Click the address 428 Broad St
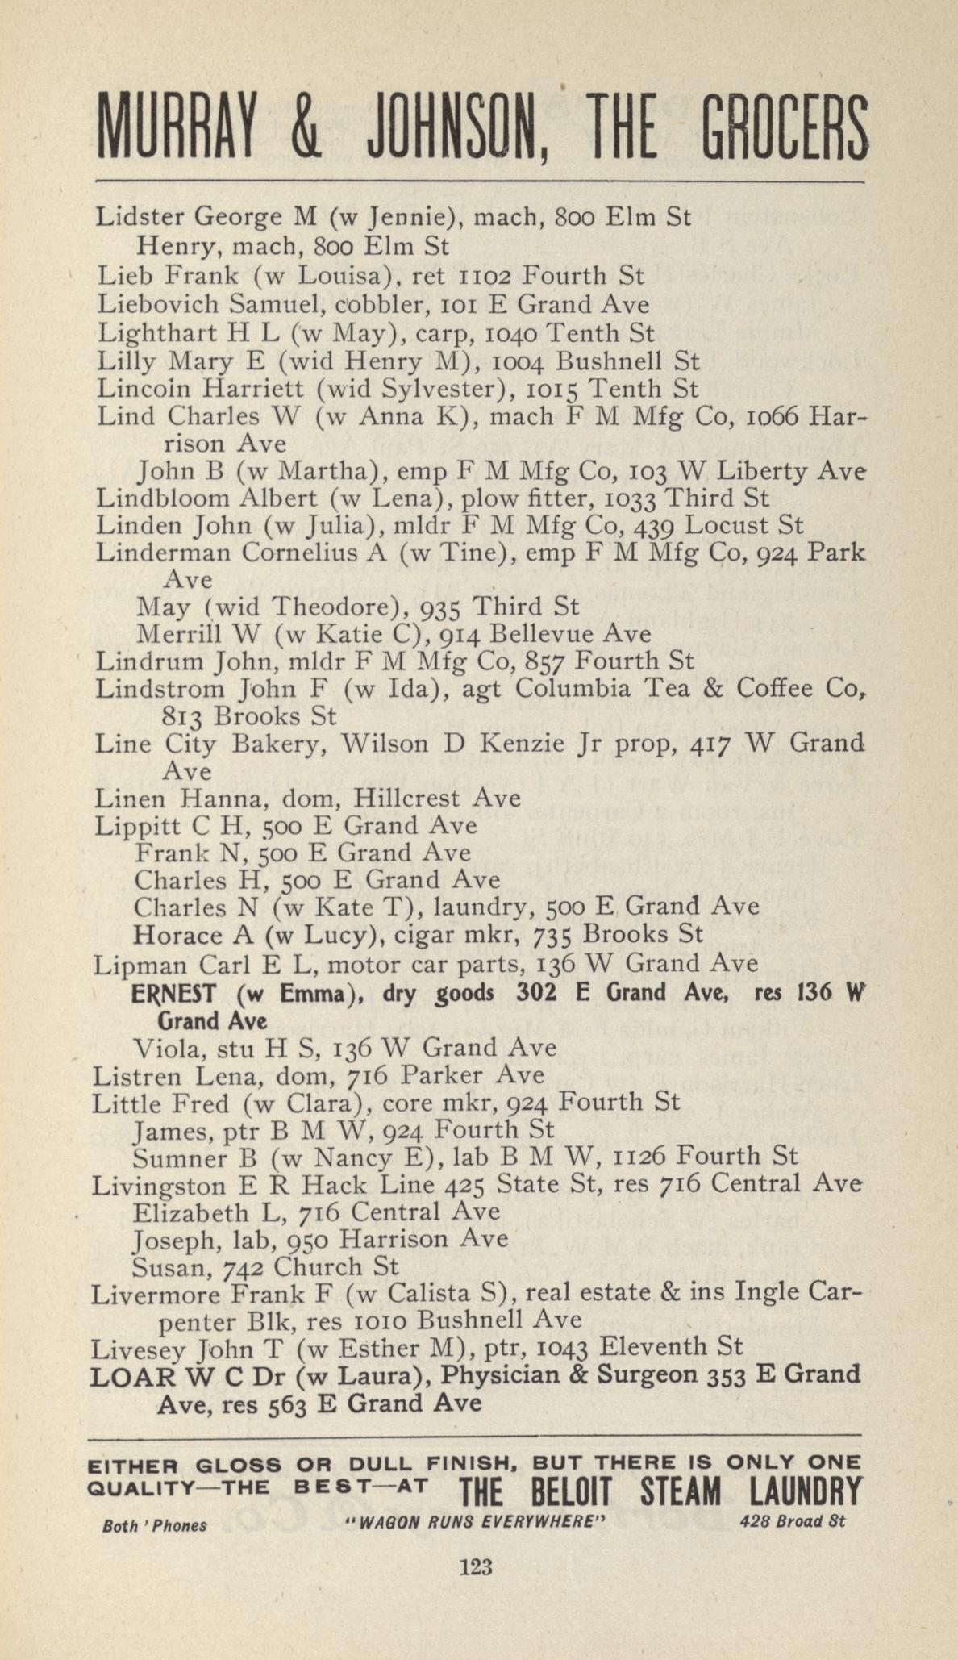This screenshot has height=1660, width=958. click(792, 1522)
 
